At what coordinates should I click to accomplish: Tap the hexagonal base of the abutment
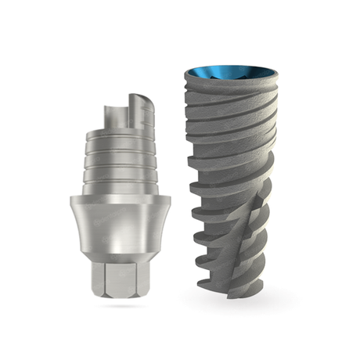[x=126, y=283]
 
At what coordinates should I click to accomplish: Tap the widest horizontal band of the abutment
[x=126, y=223]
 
